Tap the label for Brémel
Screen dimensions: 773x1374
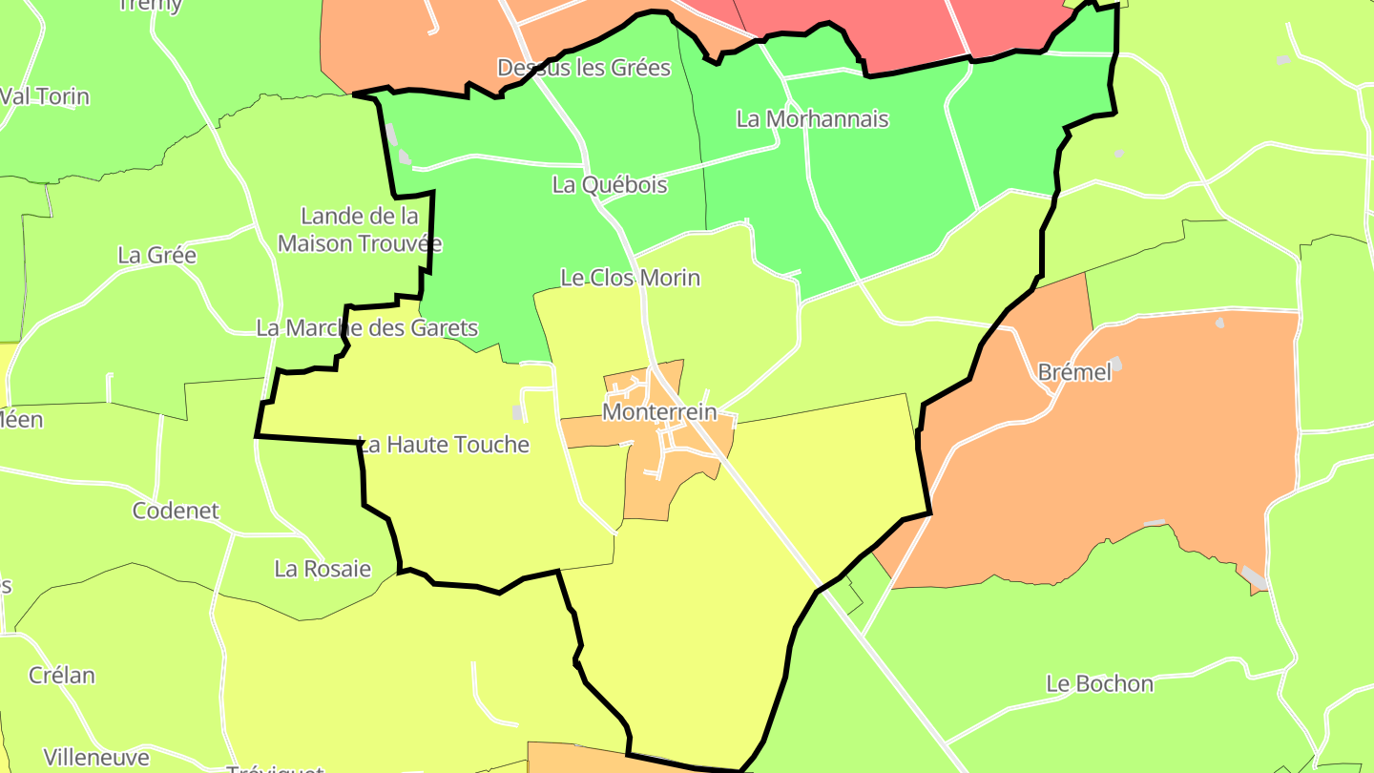(x=1074, y=373)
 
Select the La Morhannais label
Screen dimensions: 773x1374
(x=812, y=119)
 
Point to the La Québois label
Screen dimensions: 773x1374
(x=610, y=185)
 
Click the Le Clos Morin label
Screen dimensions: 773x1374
(x=630, y=278)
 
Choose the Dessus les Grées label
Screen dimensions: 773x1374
(x=584, y=68)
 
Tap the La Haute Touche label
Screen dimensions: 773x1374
(x=443, y=445)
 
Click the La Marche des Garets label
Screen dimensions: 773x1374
(x=367, y=328)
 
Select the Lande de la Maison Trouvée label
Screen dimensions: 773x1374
(x=360, y=229)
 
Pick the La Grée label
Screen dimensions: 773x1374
(x=156, y=255)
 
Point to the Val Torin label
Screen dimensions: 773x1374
(x=45, y=96)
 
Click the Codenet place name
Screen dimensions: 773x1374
(x=176, y=511)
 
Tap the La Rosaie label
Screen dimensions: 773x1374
(x=323, y=569)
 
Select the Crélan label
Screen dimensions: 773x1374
(x=62, y=676)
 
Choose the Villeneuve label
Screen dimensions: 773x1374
(x=96, y=758)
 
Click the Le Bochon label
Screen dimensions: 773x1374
(x=1099, y=683)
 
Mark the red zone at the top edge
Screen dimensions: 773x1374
(x=859, y=29)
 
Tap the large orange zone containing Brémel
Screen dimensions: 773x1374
(x=1145, y=458)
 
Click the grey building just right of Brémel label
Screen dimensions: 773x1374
(x=1115, y=364)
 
